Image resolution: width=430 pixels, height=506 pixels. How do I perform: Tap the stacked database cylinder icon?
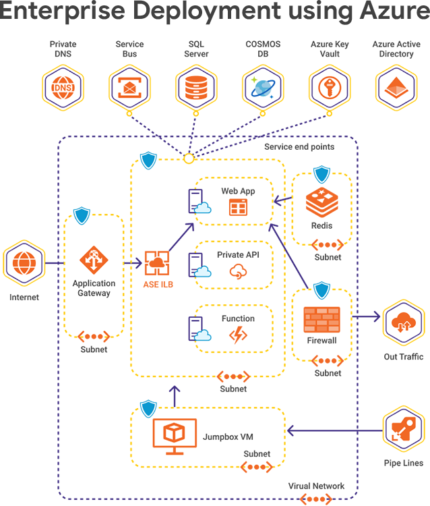[195, 88]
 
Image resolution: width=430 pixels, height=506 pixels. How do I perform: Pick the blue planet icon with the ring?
[262, 88]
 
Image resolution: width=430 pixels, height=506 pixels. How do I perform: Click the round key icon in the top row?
[329, 88]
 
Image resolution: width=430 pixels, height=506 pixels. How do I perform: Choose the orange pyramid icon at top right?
[396, 88]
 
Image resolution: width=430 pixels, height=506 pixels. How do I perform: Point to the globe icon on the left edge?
[25, 262]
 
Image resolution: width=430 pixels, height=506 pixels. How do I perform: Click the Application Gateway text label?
[94, 288]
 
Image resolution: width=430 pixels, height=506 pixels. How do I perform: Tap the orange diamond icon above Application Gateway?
[93, 259]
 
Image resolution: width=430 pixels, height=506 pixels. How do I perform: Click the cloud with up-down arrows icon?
[403, 323]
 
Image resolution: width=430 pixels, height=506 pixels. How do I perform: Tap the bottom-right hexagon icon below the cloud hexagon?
[403, 428]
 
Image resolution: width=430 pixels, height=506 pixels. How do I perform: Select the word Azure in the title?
[393, 12]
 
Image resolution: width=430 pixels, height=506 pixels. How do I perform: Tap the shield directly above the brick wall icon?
[321, 289]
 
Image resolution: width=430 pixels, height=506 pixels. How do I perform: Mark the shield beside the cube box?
[148, 407]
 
